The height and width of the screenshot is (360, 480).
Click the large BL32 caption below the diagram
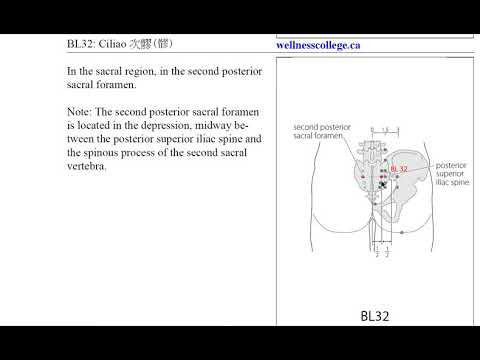pos(374,316)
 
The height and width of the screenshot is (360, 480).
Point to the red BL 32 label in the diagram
pos(399,169)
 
